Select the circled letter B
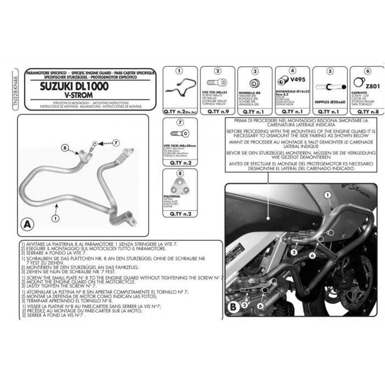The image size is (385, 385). (x=233, y=306)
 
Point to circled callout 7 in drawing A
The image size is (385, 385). (x=116, y=143)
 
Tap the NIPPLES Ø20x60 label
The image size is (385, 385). (x=329, y=102)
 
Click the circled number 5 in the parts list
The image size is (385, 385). (x=329, y=71)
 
